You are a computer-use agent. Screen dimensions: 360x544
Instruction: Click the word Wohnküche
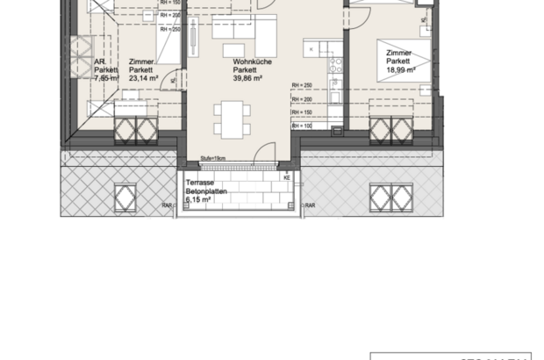tap(249, 61)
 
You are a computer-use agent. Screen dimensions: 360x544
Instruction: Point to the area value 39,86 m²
tap(249, 77)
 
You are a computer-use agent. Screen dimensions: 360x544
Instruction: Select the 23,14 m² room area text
tap(142, 77)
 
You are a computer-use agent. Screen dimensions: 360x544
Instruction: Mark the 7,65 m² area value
tap(106, 77)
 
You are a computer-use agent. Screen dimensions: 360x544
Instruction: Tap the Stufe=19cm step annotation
tap(213, 159)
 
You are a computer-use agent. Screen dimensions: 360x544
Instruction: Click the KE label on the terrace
tap(287, 177)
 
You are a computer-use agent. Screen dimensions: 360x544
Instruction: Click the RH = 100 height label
tap(303, 126)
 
